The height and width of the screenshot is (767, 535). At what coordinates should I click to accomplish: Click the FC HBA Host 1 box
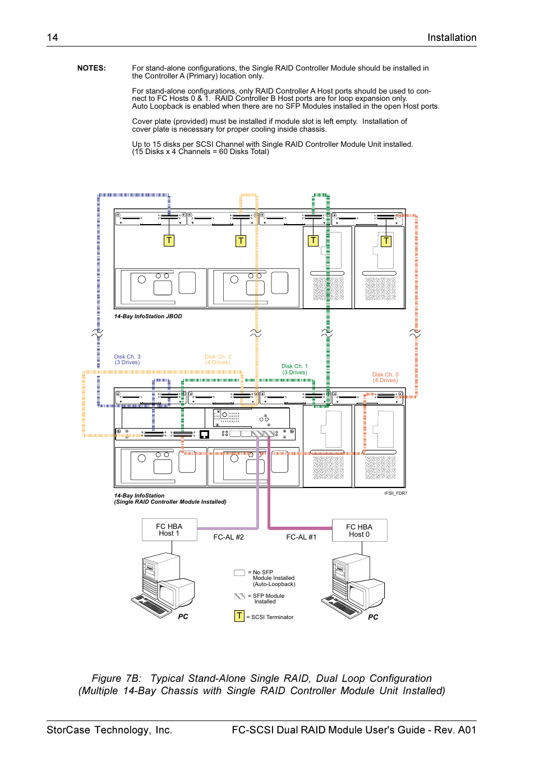(169, 529)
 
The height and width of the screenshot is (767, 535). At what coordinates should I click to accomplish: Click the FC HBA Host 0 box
(359, 531)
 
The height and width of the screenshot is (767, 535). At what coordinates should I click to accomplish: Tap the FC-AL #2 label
(228, 537)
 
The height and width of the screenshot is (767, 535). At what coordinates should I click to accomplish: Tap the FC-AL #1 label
(301, 537)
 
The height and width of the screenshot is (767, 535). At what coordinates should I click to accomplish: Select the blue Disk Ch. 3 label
(127, 360)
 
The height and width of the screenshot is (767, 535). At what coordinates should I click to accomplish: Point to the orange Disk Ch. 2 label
(218, 360)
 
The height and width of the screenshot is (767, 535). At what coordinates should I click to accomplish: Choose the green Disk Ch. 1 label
(294, 369)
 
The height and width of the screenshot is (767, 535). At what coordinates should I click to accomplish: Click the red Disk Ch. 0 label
(385, 377)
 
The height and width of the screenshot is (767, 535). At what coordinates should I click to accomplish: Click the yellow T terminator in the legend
(239, 616)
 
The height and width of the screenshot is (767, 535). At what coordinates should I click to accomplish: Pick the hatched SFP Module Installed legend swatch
(239, 596)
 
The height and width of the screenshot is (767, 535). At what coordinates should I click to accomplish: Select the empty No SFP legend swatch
(239, 573)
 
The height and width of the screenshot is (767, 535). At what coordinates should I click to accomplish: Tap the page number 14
(52, 38)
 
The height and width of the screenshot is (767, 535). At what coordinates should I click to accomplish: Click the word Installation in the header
(451, 38)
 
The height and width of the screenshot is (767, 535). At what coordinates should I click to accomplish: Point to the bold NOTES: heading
(91, 68)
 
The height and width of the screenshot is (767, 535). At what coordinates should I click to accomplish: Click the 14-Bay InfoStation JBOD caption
(148, 317)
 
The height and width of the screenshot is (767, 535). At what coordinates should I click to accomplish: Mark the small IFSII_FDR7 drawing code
(395, 493)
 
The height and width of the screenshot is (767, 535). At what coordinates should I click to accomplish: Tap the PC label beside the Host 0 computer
(373, 617)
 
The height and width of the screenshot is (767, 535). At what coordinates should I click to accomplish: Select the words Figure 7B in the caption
(117, 678)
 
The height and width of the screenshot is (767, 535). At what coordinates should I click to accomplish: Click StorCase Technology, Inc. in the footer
(109, 730)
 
